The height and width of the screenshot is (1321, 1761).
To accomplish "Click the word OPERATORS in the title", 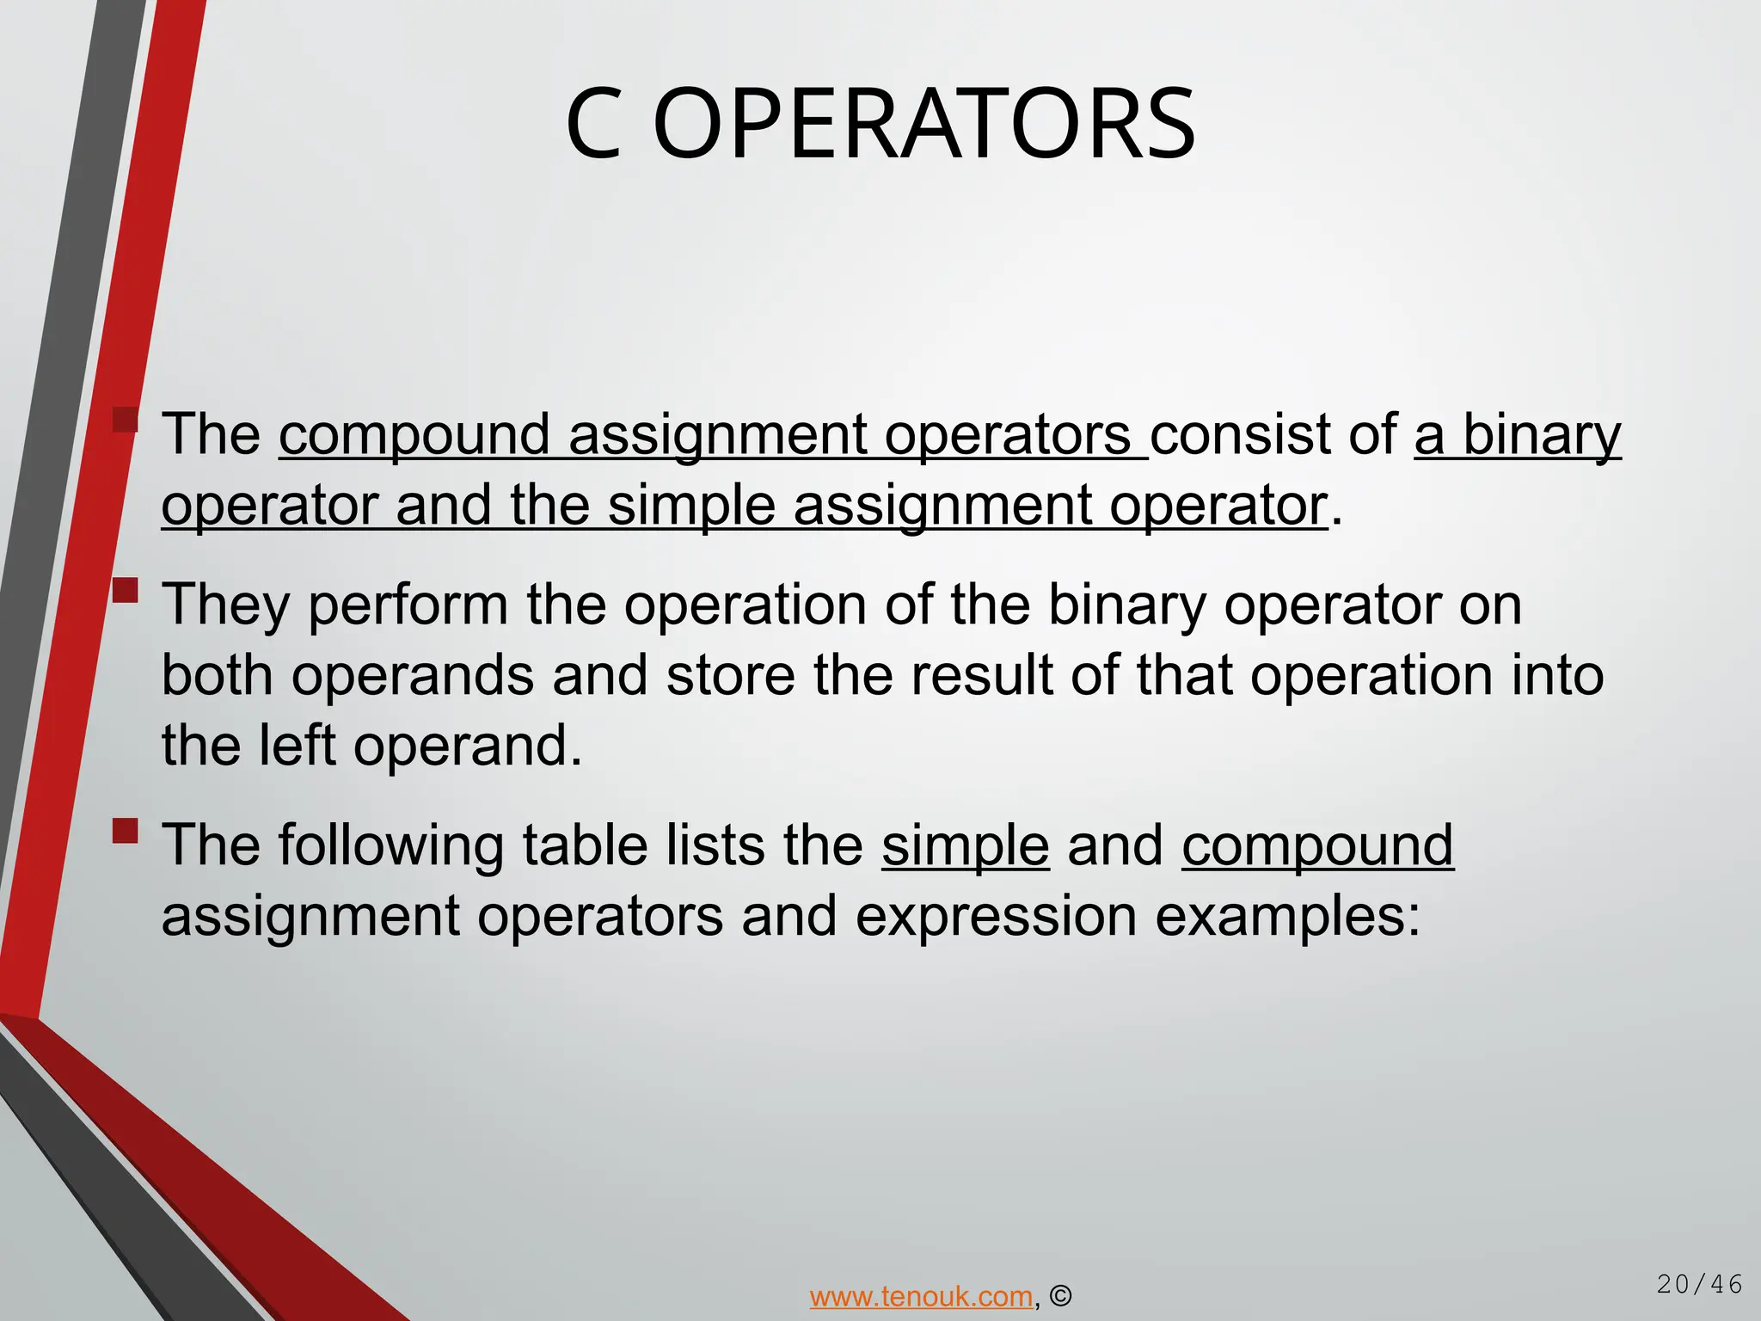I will [x=923, y=125].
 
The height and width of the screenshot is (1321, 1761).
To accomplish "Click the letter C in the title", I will [x=593, y=125].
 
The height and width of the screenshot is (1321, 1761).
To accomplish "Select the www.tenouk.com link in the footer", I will [x=921, y=1296].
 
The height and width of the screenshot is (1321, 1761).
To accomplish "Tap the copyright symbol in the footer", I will [x=1061, y=1296].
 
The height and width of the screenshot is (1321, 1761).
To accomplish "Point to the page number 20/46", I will [x=1699, y=1285].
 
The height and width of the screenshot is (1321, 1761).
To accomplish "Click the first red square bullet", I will [x=126, y=421].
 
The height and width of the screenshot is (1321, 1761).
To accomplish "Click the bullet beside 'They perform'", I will [x=126, y=591].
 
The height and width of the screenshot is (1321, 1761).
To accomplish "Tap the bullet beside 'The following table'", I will [x=126, y=831].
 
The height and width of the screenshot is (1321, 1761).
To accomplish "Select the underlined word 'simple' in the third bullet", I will [x=965, y=846].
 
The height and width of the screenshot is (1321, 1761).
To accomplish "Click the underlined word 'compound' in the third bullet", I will [x=1317, y=846].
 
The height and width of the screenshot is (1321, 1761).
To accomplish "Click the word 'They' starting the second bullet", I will [x=226, y=605].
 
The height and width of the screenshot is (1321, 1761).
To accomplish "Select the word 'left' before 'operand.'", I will [x=296, y=745].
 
